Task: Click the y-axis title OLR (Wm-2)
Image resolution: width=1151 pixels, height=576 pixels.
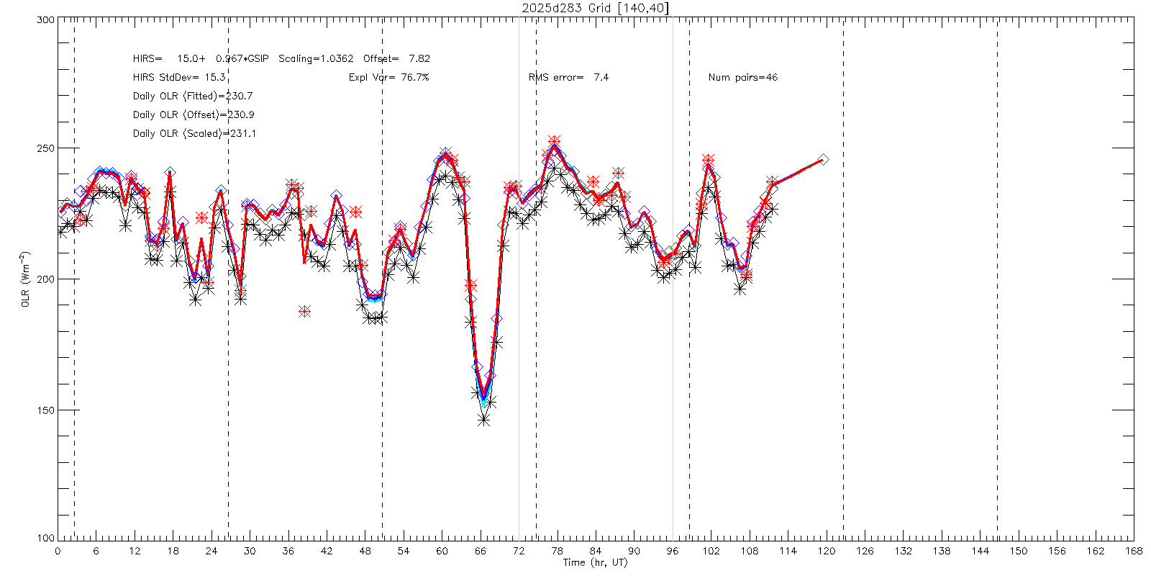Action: click(x=25, y=279)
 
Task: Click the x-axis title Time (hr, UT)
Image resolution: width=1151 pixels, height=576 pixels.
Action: click(x=595, y=562)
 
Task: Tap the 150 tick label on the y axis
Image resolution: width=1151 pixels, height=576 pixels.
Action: click(x=46, y=410)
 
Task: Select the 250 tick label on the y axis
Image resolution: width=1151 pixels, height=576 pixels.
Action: click(x=46, y=148)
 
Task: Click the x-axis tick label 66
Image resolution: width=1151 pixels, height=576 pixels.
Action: click(x=481, y=552)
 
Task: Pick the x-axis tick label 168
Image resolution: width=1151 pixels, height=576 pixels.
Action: click(x=1134, y=552)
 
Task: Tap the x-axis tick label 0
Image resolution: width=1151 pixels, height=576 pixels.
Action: click(x=58, y=552)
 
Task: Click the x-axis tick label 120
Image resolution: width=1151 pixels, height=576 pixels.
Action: click(x=827, y=552)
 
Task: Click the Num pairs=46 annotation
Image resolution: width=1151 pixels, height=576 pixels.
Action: click(x=742, y=78)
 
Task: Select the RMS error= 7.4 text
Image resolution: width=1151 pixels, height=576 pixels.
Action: click(x=568, y=78)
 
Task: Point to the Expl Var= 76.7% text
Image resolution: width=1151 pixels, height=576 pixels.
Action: click(x=388, y=78)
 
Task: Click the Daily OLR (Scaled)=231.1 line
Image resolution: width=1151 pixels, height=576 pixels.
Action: click(x=194, y=134)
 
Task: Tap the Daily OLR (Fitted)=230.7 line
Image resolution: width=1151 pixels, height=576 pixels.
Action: click(x=193, y=96)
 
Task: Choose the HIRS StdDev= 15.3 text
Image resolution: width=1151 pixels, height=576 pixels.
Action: click(x=179, y=78)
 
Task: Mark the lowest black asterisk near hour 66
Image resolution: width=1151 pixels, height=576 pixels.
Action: click(x=483, y=420)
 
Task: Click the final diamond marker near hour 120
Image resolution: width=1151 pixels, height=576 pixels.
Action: click(x=823, y=160)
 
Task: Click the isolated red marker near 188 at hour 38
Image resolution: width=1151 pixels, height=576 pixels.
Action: click(x=305, y=311)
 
